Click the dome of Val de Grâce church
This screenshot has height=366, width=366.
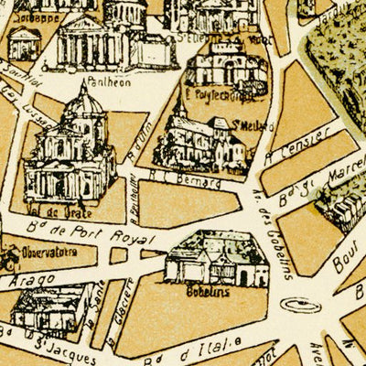(x=82, y=105)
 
